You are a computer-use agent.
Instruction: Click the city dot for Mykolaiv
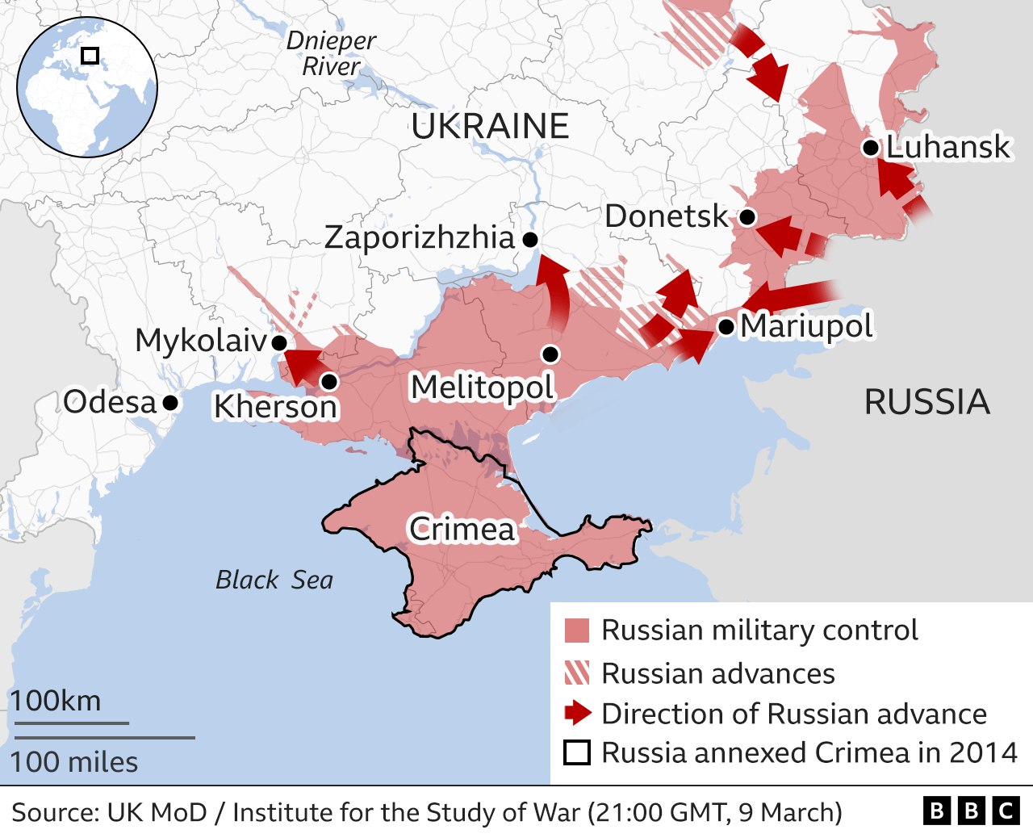click(278, 343)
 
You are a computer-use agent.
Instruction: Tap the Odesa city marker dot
click(170, 402)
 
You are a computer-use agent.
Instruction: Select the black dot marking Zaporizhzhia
click(530, 239)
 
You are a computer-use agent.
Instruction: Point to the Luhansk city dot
click(870, 148)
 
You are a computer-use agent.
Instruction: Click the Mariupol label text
click(806, 326)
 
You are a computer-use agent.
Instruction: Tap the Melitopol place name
click(482, 388)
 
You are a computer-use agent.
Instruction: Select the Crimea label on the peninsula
click(462, 530)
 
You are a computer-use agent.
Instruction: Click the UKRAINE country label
click(490, 127)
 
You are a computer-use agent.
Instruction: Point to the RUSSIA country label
click(926, 402)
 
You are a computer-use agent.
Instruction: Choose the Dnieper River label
click(331, 53)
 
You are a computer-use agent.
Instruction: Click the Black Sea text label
click(274, 580)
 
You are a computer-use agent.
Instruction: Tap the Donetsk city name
click(666, 216)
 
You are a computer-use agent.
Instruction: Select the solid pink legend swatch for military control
click(577, 631)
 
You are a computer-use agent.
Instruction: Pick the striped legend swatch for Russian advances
click(577, 673)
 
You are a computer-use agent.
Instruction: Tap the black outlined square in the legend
click(577, 752)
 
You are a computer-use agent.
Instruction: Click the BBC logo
click(971, 811)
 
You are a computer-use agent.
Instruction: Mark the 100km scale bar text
click(56, 701)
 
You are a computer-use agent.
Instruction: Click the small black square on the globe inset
click(90, 56)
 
